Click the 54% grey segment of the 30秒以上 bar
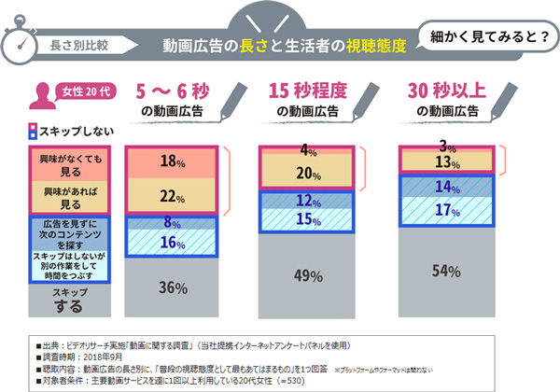pyautogui.click(x=446, y=270)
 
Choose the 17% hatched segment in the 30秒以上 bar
pyautogui.click(x=446, y=211)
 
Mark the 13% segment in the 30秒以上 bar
pyautogui.click(x=446, y=161)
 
